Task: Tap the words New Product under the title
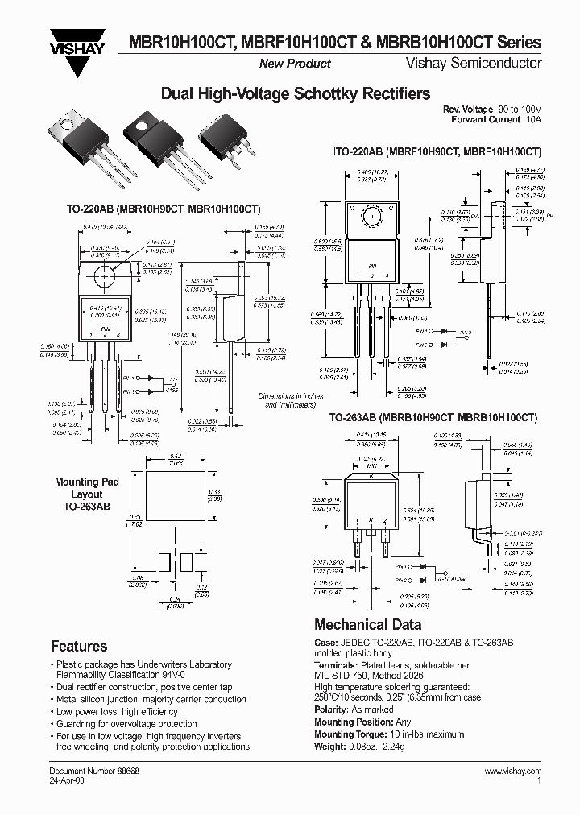[295, 64]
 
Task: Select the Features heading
[79, 646]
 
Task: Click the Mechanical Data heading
[367, 625]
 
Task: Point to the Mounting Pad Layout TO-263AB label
[87, 494]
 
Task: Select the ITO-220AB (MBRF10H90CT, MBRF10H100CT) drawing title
[437, 151]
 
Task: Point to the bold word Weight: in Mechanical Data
[332, 746]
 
